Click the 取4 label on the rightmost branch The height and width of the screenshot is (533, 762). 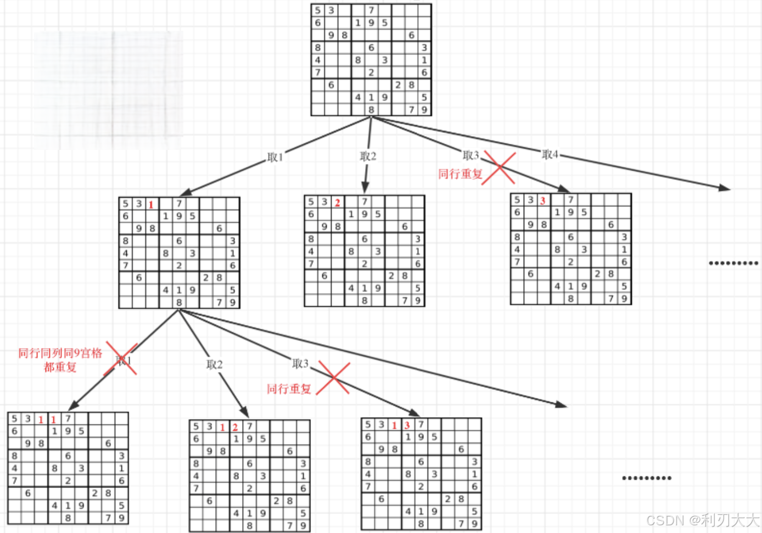pos(550,154)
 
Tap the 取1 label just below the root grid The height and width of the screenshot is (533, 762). pos(274,157)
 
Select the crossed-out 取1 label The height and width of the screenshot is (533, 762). pos(124,360)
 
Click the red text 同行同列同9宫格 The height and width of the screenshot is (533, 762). pos(60,353)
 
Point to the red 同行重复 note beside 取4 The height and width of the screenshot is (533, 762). pos(460,174)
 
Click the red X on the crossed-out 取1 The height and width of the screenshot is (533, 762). pos(121,358)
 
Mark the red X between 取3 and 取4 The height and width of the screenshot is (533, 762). pos(499,168)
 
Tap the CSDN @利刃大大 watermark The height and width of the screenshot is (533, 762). pos(702,520)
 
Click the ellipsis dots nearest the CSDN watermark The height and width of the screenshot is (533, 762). pos(647,478)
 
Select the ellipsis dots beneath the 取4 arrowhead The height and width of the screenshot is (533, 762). pos(733,263)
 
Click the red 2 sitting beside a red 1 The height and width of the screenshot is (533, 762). pos(235,427)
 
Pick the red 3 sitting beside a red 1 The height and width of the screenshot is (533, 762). pos(407,425)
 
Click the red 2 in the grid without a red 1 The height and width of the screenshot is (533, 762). pos(337,203)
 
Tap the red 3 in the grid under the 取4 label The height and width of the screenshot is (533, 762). pos(542,201)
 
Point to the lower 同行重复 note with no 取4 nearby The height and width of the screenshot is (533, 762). pos(289,389)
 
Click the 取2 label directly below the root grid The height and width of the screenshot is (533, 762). pos(368,156)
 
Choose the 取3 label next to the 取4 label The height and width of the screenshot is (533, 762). pos(470,155)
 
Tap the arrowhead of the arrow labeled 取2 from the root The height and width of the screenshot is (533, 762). pos(365,188)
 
